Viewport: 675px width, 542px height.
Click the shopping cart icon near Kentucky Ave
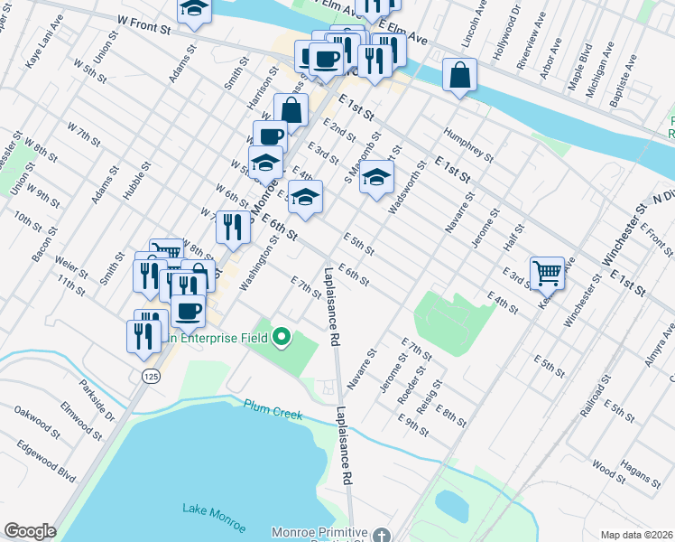click(x=548, y=272)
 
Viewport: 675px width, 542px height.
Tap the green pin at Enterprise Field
click(x=282, y=338)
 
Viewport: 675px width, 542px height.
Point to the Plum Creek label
click(x=272, y=406)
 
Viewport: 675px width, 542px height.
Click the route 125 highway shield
click(x=151, y=374)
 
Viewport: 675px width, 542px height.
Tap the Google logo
click(x=30, y=530)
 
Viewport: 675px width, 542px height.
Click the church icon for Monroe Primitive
click(x=383, y=535)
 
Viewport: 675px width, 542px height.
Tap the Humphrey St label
click(x=467, y=145)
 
